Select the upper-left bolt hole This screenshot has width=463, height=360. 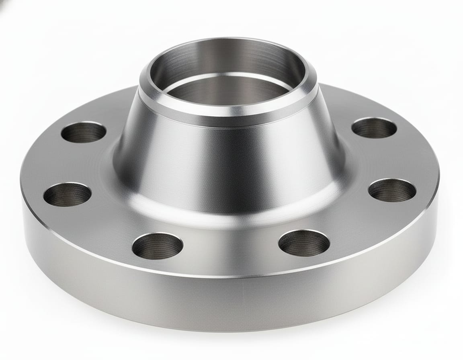(x=84, y=132)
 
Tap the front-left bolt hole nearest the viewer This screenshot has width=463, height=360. (x=158, y=245)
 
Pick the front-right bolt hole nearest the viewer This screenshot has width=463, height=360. (x=304, y=243)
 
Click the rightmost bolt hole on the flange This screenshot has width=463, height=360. (x=392, y=190)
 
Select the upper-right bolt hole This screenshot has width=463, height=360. (x=374, y=128)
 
